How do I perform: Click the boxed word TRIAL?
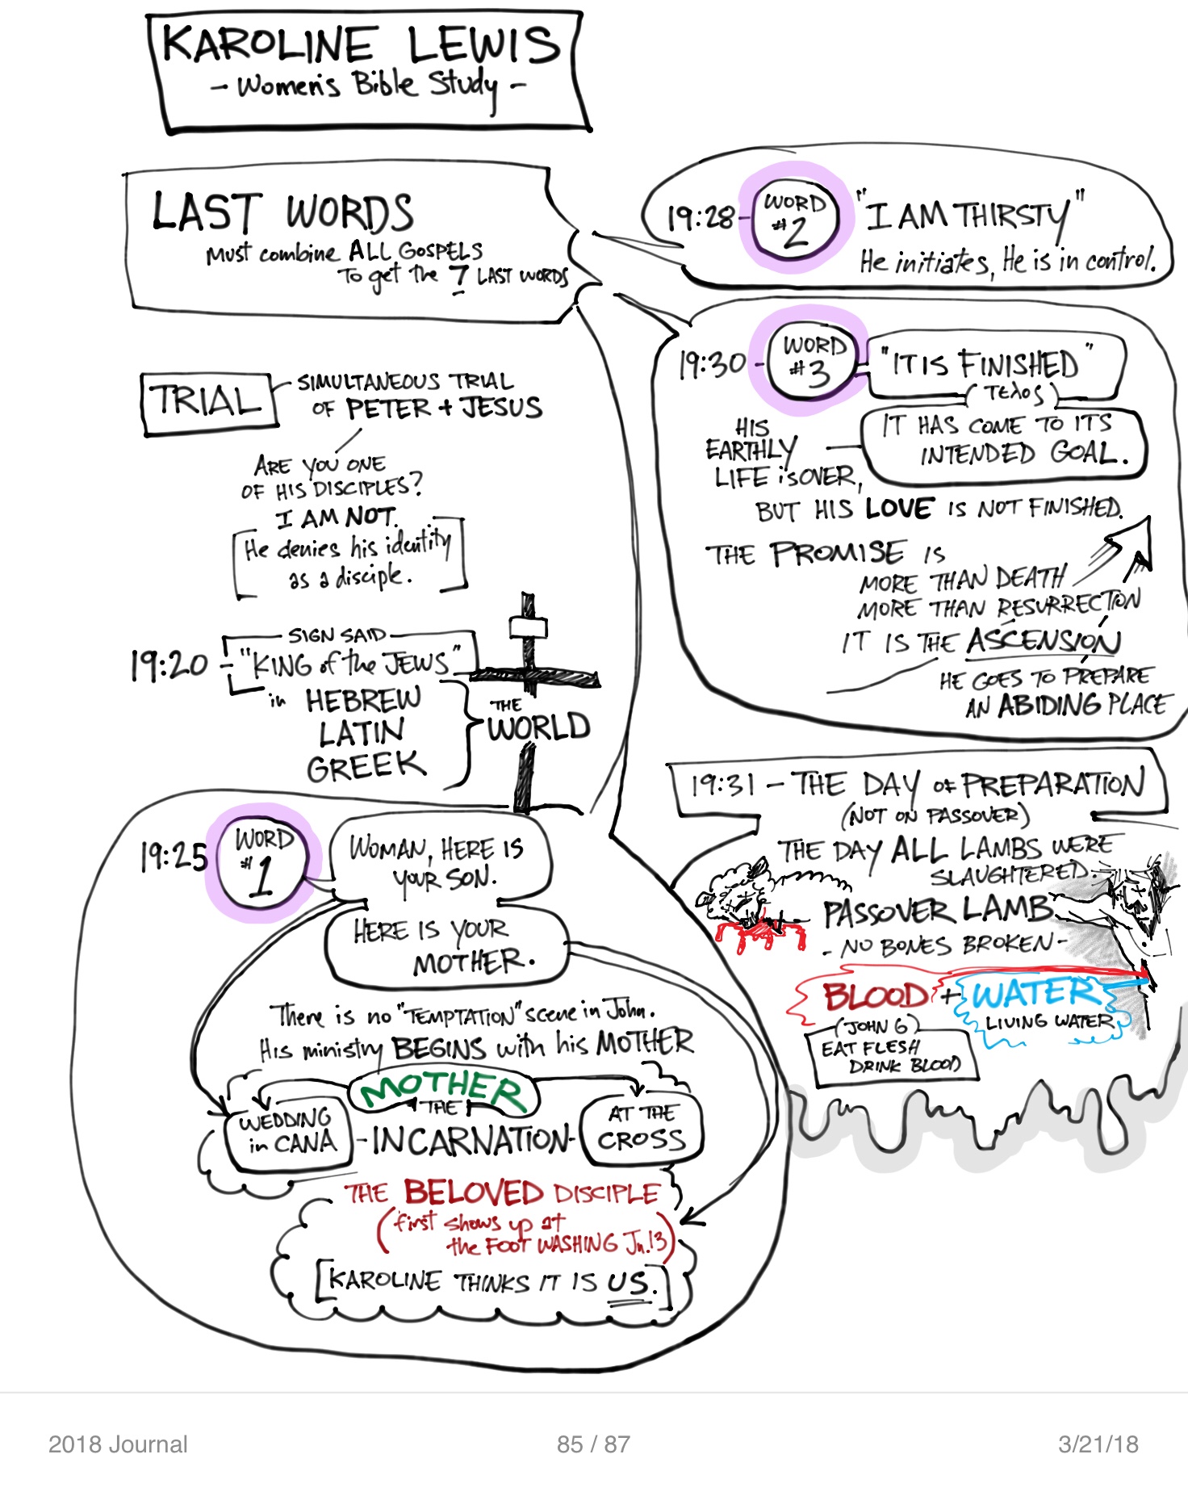click(208, 401)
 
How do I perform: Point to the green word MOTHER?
click(443, 1091)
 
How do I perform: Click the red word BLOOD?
click(875, 996)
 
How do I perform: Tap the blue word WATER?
click(1033, 994)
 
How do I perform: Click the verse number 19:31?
click(723, 785)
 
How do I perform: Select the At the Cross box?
click(642, 1129)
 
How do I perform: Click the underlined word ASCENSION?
click(1043, 642)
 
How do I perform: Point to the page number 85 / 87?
click(593, 1444)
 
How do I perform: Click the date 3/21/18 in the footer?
click(1098, 1444)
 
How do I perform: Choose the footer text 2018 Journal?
click(118, 1444)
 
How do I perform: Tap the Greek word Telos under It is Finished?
click(1013, 393)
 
